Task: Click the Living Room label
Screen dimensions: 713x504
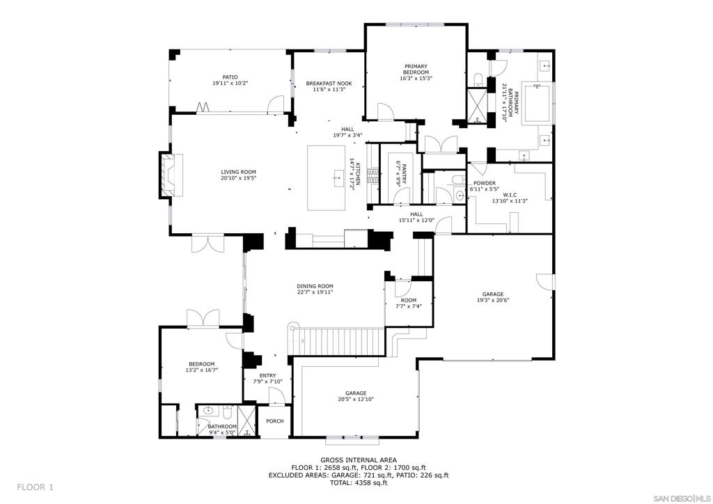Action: pos(238,172)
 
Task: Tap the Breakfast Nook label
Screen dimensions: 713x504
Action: pos(329,84)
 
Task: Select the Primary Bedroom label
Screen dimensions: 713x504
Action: pos(416,69)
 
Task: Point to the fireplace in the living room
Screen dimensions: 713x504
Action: pos(171,175)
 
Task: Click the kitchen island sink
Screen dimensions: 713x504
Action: pos(339,178)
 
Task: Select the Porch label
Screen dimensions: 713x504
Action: pos(274,421)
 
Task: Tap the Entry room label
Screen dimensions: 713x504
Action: pos(268,375)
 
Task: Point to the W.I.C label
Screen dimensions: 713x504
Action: pos(510,195)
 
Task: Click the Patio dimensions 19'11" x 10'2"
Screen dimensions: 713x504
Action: pos(230,83)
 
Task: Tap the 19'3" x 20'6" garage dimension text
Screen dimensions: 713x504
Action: pos(493,300)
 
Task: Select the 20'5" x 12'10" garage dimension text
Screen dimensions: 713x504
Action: pos(356,399)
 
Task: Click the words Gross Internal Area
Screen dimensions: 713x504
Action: pos(359,460)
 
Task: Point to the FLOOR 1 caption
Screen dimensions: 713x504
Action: pos(36,487)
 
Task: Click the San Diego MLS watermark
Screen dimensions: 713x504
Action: pos(682,496)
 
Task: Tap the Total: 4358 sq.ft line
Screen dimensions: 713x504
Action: pos(359,483)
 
